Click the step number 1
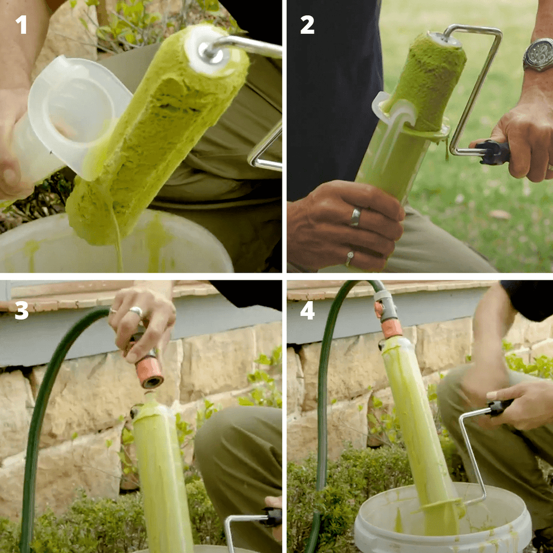tap(22, 25)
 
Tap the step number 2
tap(307, 25)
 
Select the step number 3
tap(22, 311)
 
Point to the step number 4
tap(307, 311)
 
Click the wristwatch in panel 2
tap(538, 55)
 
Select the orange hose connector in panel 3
tap(150, 372)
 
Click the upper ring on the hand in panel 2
tap(355, 217)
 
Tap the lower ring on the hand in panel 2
tap(349, 259)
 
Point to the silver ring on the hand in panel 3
tap(136, 312)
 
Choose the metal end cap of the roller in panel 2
tap(444, 39)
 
